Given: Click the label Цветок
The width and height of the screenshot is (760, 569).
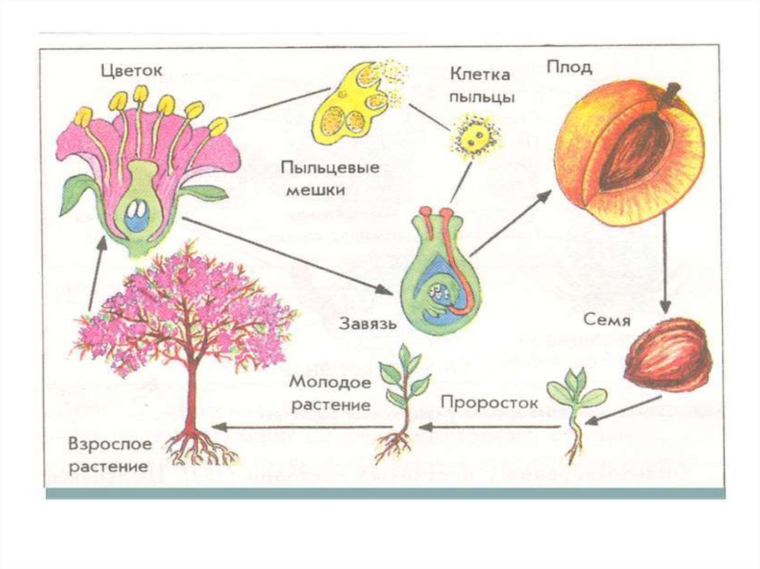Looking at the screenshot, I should [x=131, y=71].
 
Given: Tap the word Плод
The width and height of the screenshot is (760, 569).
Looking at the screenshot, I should [x=569, y=68].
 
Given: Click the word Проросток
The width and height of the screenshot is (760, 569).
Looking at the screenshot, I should [x=479, y=402].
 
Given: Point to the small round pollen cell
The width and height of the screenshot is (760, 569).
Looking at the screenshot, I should [x=474, y=137].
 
